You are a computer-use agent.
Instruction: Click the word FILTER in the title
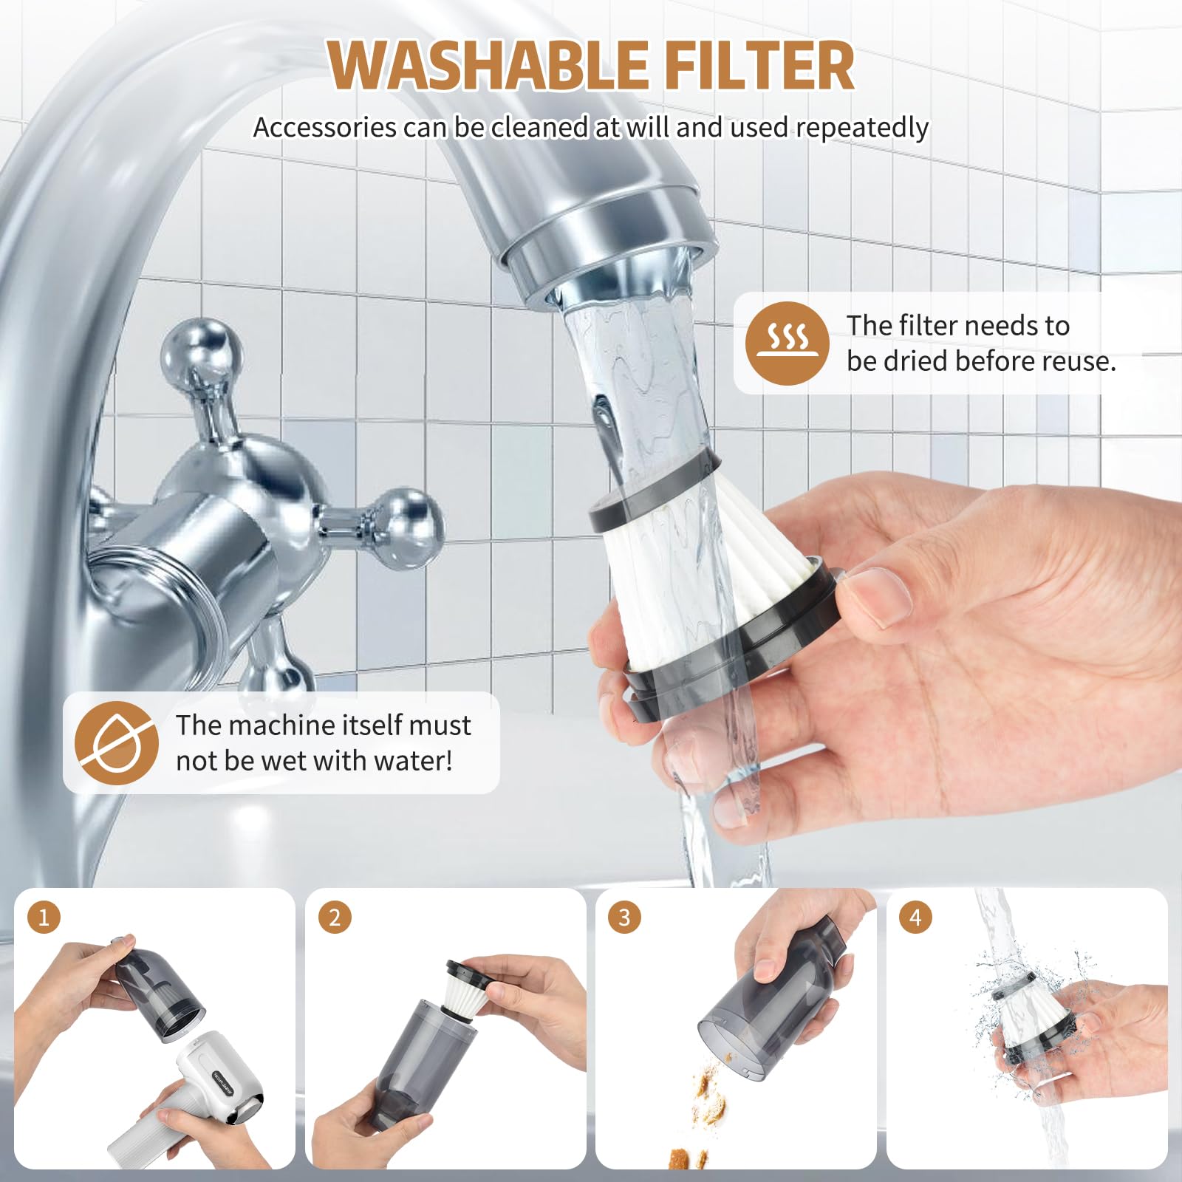(759, 65)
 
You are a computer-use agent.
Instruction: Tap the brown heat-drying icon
(787, 343)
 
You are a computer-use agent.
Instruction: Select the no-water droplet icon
(117, 742)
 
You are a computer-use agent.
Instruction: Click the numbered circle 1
(44, 918)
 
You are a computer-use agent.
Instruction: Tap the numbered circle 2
(335, 918)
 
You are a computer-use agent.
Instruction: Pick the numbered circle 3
(624, 918)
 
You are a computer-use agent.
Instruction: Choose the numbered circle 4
(915, 918)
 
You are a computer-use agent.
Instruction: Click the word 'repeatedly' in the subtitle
(862, 128)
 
